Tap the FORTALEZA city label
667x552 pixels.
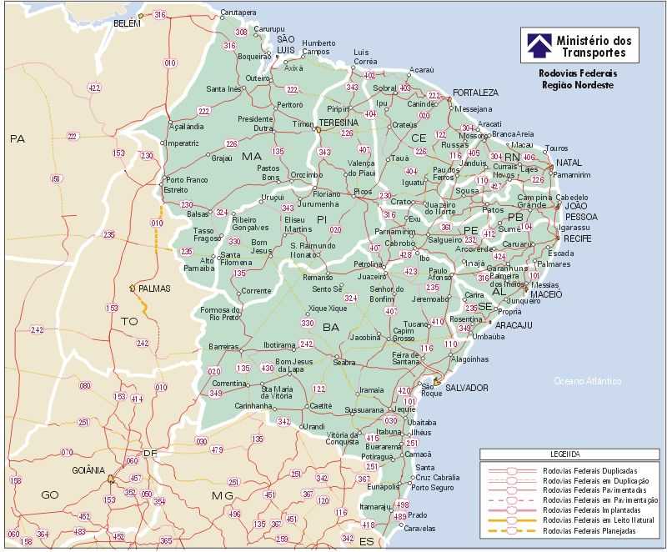(x=475, y=93)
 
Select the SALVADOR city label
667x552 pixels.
(x=467, y=388)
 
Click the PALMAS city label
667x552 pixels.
(x=154, y=289)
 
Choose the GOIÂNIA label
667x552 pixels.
(x=88, y=470)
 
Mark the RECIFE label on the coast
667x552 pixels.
(x=578, y=238)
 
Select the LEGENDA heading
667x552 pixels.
(x=564, y=455)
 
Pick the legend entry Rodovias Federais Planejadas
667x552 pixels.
(x=591, y=530)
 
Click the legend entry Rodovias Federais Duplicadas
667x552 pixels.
(x=591, y=470)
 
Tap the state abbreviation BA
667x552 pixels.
(x=332, y=327)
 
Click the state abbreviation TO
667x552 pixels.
(x=129, y=321)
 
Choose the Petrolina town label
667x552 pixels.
(x=368, y=264)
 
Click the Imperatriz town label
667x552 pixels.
(x=183, y=143)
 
